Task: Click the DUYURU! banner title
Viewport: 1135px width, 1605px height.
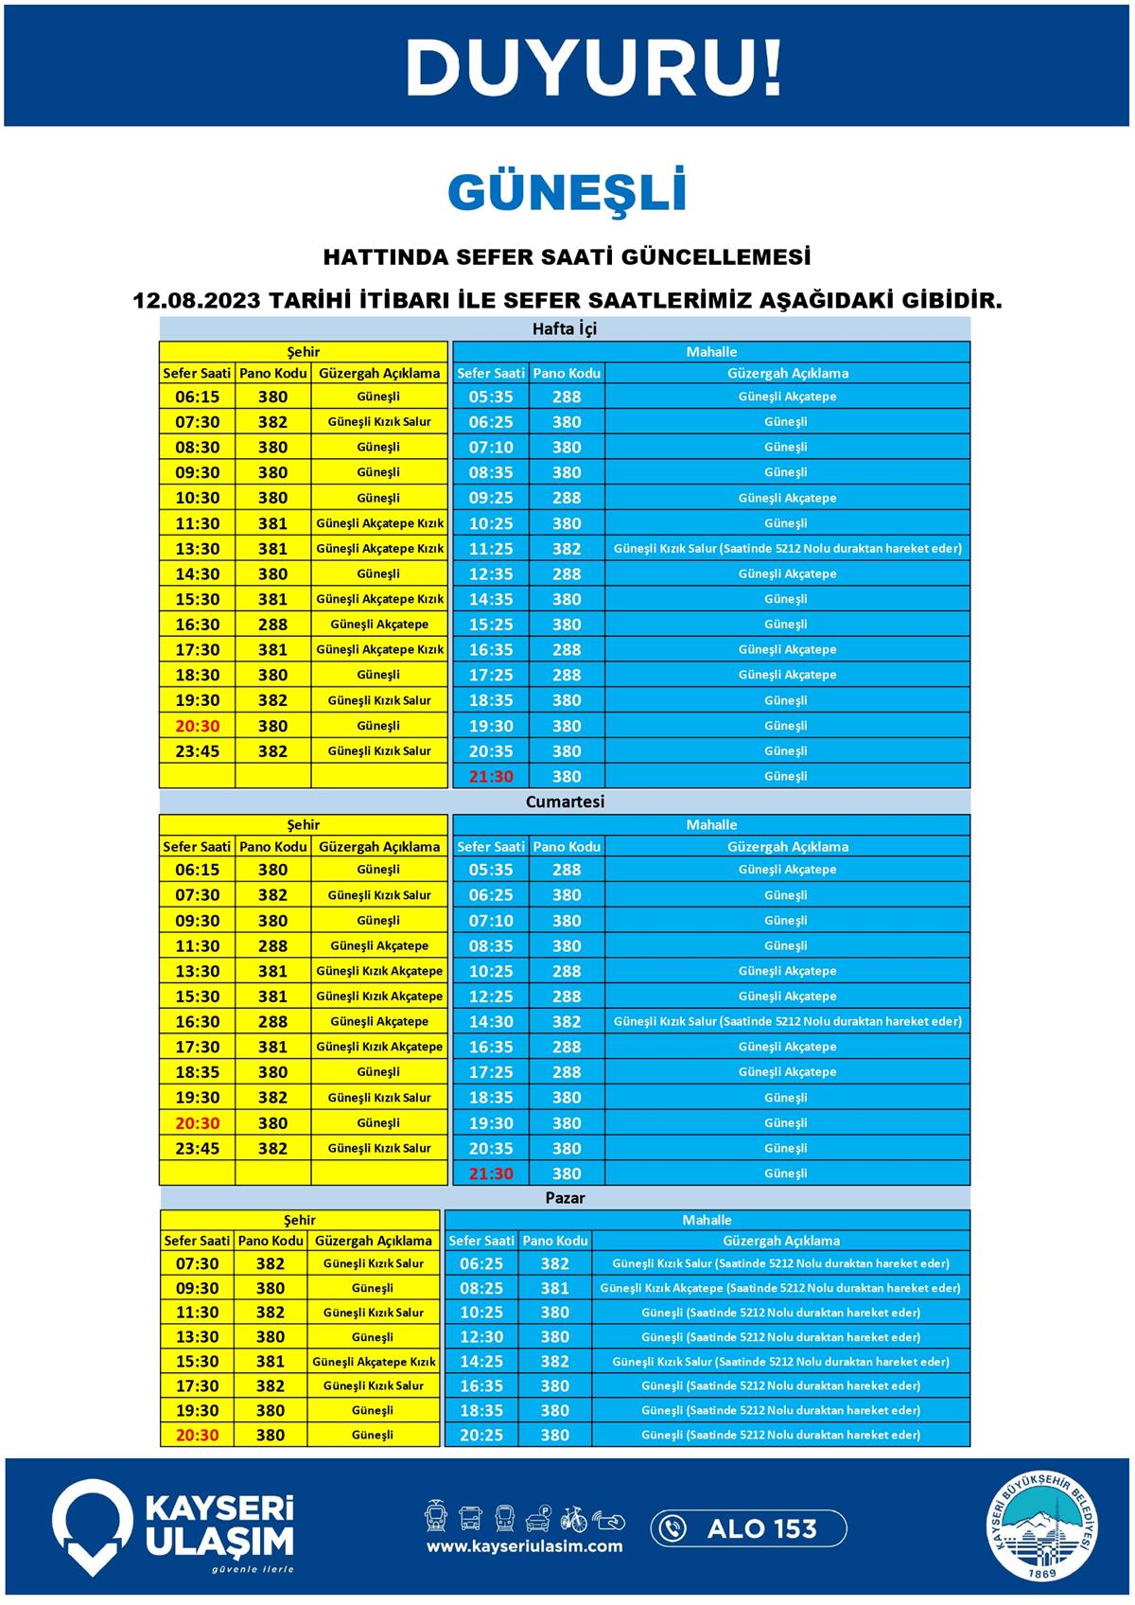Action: coord(594,68)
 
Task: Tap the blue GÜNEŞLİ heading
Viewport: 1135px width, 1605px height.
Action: coord(567,192)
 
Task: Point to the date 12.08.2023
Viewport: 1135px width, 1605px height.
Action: coord(196,301)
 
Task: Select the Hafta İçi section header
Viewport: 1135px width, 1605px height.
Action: coord(565,329)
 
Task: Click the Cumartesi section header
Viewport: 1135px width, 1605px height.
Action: coord(565,802)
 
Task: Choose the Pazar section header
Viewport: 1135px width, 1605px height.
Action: coord(565,1198)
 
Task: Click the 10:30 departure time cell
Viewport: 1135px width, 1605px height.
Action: coord(197,498)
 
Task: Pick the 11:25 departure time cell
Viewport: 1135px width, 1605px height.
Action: coord(491,549)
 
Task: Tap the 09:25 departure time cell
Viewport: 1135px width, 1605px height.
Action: coord(491,498)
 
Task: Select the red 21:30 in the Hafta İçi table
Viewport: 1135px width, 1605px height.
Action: coord(491,777)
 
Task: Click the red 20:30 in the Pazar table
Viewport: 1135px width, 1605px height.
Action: coord(197,1436)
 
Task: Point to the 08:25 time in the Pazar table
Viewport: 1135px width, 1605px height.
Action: coord(481,1288)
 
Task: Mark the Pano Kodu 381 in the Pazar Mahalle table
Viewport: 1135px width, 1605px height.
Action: coord(554,1288)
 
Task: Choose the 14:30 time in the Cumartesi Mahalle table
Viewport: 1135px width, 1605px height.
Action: coord(491,1022)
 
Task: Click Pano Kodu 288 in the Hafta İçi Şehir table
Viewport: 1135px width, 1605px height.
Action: coord(272,625)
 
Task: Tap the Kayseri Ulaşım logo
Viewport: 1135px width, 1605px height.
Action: coord(173,1527)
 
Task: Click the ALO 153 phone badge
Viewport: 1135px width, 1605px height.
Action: coord(748,1528)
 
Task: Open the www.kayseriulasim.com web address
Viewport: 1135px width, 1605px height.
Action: coord(524,1546)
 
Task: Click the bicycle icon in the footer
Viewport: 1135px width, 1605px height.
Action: coord(573,1519)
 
